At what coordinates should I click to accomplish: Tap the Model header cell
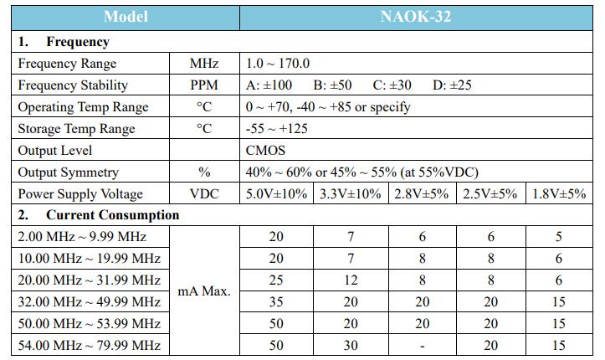(125, 17)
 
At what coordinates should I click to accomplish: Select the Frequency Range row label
(67, 64)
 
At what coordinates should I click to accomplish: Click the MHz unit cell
(204, 64)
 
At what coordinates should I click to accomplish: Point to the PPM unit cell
(204, 85)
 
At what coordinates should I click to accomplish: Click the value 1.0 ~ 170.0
(277, 64)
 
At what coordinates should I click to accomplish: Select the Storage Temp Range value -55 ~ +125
(277, 129)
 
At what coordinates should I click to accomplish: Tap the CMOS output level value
(265, 151)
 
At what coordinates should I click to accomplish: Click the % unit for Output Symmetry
(204, 172)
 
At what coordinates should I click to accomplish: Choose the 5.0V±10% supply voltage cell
(276, 194)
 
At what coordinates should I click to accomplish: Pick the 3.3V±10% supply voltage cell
(351, 194)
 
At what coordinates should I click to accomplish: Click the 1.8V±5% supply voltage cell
(559, 194)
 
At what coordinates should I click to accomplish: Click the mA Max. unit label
(204, 291)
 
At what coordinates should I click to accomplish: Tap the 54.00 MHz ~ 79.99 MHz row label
(89, 345)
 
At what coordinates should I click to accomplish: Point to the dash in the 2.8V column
(423, 345)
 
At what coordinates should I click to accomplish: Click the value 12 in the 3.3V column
(351, 280)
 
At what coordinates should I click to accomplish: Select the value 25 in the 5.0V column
(276, 280)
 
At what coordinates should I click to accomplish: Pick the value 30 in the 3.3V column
(351, 345)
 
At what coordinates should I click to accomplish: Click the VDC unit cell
(204, 194)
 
